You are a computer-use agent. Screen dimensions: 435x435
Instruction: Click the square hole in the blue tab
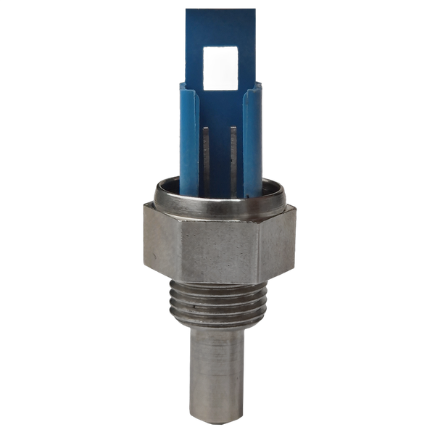[220, 67]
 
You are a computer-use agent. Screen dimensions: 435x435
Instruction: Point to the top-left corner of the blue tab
[186, 9]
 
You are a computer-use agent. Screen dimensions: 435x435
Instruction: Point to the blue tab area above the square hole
[220, 28]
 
